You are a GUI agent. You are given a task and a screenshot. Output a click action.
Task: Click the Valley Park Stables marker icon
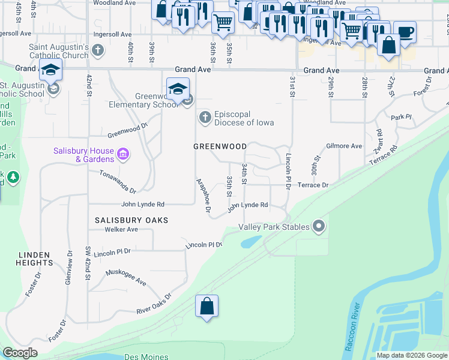pos(319,227)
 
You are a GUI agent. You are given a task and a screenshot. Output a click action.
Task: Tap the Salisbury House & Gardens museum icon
pos(123,155)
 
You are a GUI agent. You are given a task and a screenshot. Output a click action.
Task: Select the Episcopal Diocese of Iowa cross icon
pos(205,118)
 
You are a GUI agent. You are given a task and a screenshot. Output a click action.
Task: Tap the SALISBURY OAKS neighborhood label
pos(131,220)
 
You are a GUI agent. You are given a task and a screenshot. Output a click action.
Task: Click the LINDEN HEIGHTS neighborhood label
pos(35,259)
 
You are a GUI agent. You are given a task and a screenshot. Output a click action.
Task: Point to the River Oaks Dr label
pos(154,304)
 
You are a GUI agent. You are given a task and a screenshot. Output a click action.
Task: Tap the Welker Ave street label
pos(121,229)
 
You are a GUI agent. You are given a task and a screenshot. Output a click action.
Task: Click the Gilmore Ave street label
pos(344,146)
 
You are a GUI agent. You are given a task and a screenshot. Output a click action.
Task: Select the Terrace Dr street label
pos(313,185)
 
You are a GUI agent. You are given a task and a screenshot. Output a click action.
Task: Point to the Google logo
pos(20,353)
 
